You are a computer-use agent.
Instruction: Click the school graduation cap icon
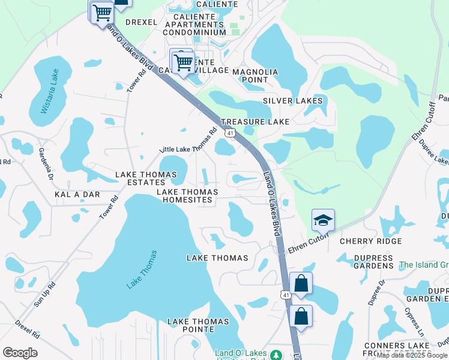tap(323, 221)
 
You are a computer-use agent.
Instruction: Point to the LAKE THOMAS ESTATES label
tap(147, 179)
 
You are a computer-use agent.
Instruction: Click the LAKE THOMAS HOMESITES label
tap(187, 196)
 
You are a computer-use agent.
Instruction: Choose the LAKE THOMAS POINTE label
tap(198, 325)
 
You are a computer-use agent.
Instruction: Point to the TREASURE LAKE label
tap(255, 121)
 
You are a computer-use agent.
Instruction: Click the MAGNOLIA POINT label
tap(255, 76)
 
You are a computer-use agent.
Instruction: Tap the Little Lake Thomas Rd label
tap(188, 140)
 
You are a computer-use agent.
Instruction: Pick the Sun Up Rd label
tap(44, 295)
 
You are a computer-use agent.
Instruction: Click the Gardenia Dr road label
tap(46, 163)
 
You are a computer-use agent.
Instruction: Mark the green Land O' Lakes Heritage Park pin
tap(276, 355)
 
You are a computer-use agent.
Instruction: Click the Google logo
tap(20, 353)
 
